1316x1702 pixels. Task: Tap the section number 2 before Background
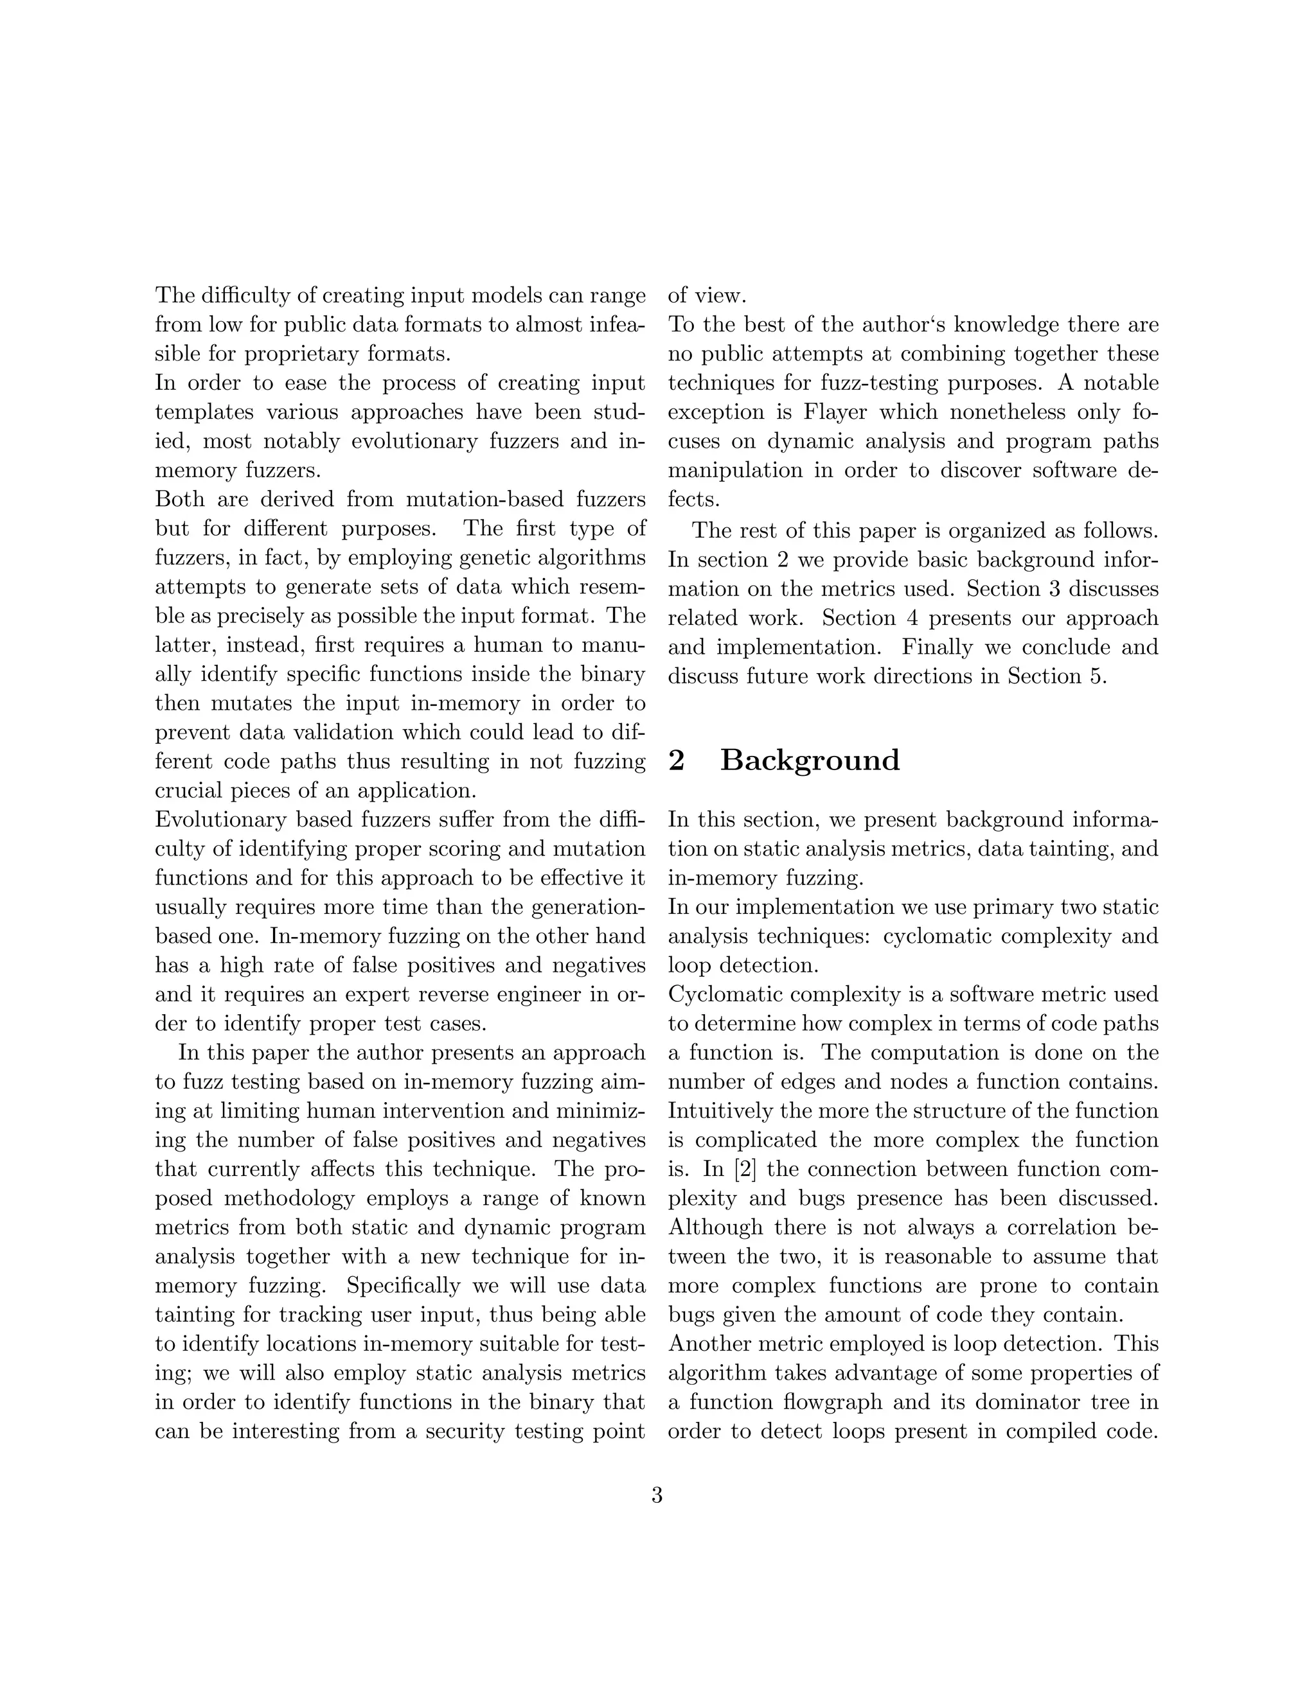click(x=676, y=760)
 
